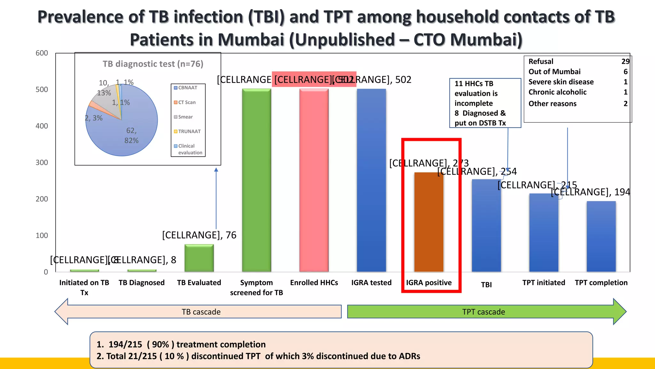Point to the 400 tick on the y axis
[42, 126]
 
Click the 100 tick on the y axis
[42, 235]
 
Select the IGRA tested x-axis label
[371, 283]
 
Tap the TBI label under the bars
[486, 285]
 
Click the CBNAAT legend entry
[187, 88]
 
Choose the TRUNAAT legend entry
[189, 131]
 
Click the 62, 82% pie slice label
[131, 135]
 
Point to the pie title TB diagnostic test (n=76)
[153, 64]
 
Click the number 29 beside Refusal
[625, 61]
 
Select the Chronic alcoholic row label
[557, 92]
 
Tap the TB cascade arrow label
[201, 312]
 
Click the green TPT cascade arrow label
[483, 312]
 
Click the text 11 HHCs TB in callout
[474, 84]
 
